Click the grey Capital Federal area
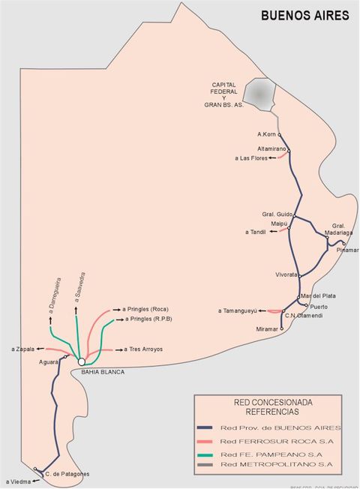coord(259,94)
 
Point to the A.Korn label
coord(267,134)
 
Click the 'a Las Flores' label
coord(253,158)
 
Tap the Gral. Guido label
coord(277,213)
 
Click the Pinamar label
coord(348,250)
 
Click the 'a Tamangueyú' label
coord(238,310)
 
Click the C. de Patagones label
coord(67,474)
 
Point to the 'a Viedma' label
coord(18,481)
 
